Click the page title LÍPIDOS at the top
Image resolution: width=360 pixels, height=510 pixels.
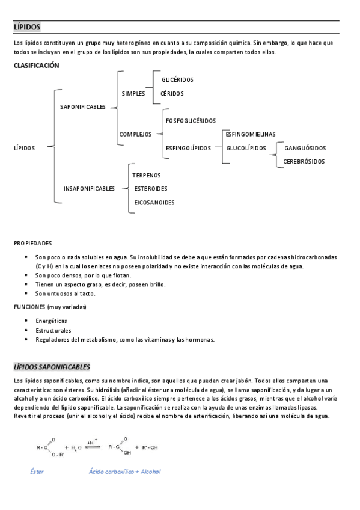27,27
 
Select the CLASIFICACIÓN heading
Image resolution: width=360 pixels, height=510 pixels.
37,66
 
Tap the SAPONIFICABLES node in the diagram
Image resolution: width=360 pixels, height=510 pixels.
83,107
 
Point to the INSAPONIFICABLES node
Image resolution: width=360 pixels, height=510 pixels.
89,189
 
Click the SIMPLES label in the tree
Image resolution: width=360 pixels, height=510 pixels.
133,94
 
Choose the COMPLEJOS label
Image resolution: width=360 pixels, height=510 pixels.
135,134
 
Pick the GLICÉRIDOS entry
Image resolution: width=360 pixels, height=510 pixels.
177,79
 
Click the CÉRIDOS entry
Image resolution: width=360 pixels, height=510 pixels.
172,94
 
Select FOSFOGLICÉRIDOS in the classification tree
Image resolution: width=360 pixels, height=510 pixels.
191,121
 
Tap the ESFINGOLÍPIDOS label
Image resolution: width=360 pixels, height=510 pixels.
188,148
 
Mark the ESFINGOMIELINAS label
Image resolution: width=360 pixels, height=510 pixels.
251,134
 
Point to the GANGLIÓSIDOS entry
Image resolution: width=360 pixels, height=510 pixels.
305,148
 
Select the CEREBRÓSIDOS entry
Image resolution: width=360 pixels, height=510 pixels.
304,161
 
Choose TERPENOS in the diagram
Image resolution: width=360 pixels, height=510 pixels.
147,175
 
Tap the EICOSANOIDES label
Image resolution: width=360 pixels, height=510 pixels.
154,203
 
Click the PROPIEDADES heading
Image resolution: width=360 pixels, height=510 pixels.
33,243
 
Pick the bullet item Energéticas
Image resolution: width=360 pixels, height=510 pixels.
52,321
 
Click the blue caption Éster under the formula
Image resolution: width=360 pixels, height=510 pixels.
37,472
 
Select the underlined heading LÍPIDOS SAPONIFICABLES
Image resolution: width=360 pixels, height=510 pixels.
52,366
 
